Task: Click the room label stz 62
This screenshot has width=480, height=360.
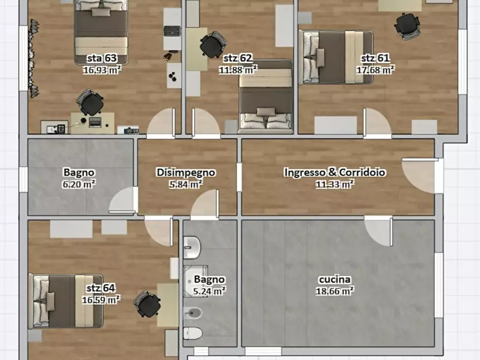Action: [238, 58]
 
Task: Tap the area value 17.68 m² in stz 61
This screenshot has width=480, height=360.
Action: [375, 70]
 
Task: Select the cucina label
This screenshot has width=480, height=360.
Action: [334, 279]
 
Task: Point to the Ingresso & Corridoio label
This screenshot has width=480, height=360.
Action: [334, 172]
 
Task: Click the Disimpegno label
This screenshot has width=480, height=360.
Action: [186, 172]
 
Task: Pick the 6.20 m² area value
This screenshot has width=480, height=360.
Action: [78, 184]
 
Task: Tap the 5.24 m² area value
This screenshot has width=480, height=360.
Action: [210, 291]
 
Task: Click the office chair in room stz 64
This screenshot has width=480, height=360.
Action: [147, 304]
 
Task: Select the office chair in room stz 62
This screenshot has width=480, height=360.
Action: [213, 45]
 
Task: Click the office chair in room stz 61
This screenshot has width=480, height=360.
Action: [407, 26]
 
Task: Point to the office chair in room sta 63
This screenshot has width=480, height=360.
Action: [90, 103]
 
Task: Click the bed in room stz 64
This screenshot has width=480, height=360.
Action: [66, 301]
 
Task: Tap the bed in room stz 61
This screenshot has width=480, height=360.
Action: [336, 57]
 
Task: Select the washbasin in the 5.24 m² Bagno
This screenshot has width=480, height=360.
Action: [192, 247]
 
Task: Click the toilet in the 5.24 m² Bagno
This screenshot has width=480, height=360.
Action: [192, 333]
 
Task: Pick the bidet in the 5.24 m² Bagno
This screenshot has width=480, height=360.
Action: [192, 313]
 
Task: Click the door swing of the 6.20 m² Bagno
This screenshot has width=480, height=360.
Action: [123, 199]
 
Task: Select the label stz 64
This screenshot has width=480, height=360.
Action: [101, 288]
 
